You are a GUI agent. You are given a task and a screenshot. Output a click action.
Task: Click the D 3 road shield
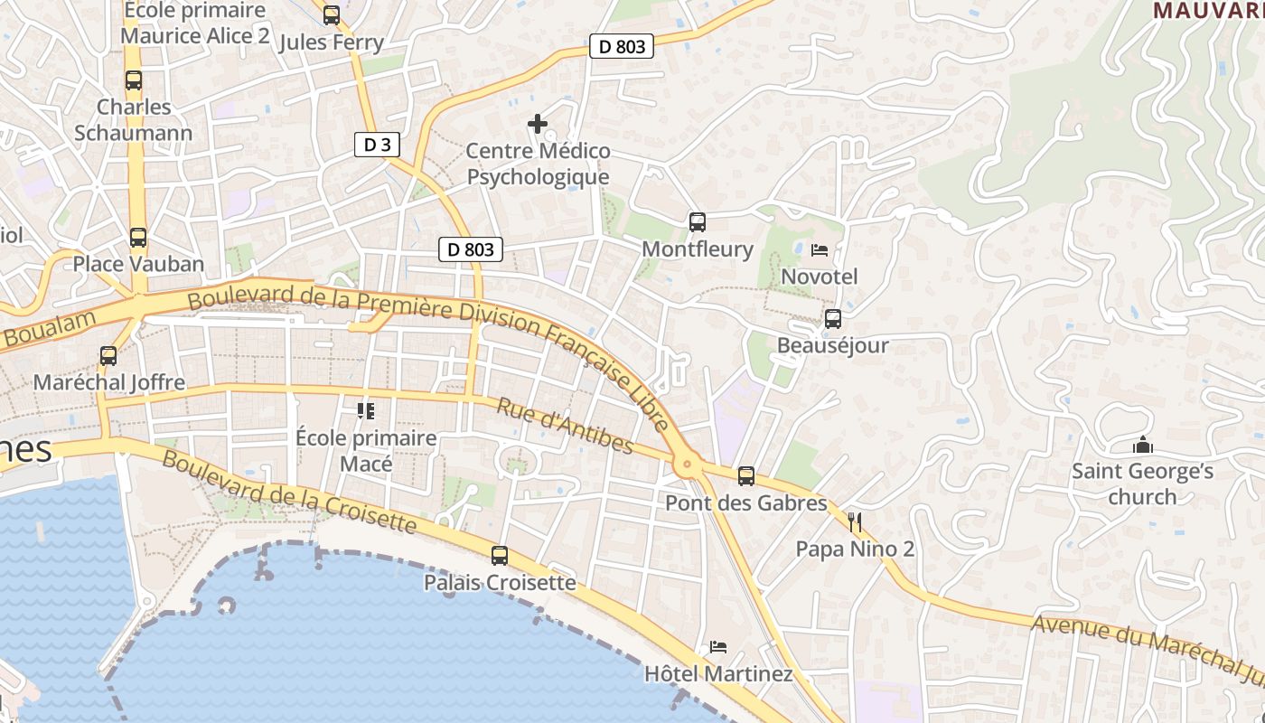tap(377, 145)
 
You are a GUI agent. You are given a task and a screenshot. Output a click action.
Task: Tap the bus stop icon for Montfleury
tap(697, 222)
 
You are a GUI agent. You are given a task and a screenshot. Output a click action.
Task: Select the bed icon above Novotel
tap(820, 249)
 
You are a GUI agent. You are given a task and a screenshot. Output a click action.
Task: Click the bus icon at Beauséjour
tap(832, 319)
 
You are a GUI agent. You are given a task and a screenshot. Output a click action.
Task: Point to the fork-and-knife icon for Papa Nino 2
tap(855, 521)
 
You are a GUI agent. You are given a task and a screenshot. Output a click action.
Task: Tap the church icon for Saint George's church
tap(1142, 445)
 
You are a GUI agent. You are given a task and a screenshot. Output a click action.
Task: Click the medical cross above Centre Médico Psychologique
tap(538, 124)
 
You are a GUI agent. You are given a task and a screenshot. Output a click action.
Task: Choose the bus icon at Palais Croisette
tap(499, 556)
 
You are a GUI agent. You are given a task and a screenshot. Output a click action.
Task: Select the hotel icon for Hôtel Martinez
tap(718, 647)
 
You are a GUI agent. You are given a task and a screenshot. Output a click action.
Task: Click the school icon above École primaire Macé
tap(366, 411)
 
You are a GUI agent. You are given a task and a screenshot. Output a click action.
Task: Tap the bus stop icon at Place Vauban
tap(137, 238)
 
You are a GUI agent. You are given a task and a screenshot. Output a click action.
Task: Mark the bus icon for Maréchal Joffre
tap(108, 356)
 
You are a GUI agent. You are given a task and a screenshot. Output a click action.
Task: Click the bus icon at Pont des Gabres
tap(745, 476)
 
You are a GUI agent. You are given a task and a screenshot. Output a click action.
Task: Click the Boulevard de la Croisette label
tap(289, 493)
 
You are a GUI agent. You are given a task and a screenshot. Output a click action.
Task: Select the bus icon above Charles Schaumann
tap(134, 80)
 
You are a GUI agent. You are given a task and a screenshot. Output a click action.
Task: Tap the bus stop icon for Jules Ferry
tap(332, 15)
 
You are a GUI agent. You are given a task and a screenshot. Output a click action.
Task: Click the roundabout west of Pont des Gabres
tap(687, 465)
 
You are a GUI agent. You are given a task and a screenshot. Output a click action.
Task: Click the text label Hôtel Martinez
tap(718, 674)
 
